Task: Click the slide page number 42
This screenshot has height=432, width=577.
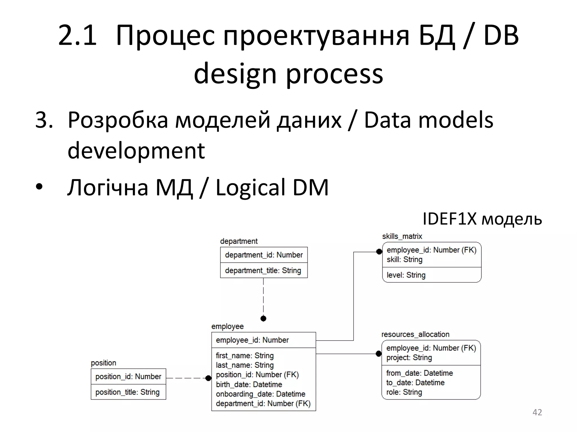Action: point(537,412)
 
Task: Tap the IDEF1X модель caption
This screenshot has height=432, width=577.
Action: point(482,219)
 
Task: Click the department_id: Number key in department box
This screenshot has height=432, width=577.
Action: point(264,255)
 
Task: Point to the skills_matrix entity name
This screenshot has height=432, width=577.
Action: point(402,236)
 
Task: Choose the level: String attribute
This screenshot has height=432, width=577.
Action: point(406,275)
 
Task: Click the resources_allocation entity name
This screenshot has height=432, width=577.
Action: point(415,334)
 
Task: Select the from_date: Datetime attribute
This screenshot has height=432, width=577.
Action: point(420,373)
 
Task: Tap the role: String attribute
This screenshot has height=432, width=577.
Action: point(404,392)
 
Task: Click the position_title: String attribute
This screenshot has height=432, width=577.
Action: point(127,392)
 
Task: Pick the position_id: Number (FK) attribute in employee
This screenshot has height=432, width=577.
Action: point(257,375)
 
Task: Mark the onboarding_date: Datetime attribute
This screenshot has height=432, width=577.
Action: point(261,394)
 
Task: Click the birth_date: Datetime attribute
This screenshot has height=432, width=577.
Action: point(249,384)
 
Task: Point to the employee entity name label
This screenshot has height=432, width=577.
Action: point(227,327)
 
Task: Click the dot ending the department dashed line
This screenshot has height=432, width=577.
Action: point(263,318)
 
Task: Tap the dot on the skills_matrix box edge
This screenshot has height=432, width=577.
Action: point(379,252)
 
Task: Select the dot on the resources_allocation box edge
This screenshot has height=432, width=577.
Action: point(379,354)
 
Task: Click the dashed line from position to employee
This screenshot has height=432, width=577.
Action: point(186,378)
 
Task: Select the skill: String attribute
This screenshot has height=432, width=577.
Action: point(404,260)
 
